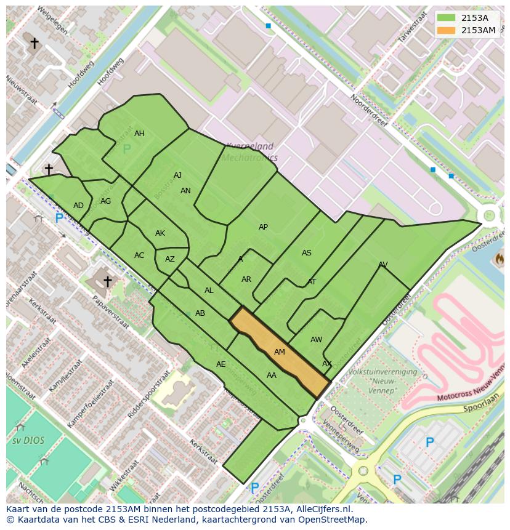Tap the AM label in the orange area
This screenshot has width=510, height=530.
click(x=280, y=352)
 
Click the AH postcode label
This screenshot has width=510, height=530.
click(x=140, y=134)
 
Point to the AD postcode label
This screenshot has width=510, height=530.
click(x=78, y=206)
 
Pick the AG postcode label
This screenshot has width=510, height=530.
click(x=106, y=201)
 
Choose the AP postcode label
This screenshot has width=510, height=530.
click(x=263, y=227)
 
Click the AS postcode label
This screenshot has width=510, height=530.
click(x=307, y=253)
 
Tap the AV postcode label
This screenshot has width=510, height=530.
click(x=383, y=265)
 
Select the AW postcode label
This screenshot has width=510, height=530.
click(x=316, y=340)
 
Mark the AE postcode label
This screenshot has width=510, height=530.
click(x=221, y=364)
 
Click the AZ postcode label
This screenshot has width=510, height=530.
click(x=170, y=259)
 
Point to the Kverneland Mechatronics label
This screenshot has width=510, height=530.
click(x=249, y=152)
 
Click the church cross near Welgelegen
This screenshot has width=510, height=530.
click(x=34, y=43)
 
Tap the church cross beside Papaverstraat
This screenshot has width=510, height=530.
click(x=108, y=281)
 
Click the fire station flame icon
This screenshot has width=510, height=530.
click(x=499, y=259)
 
